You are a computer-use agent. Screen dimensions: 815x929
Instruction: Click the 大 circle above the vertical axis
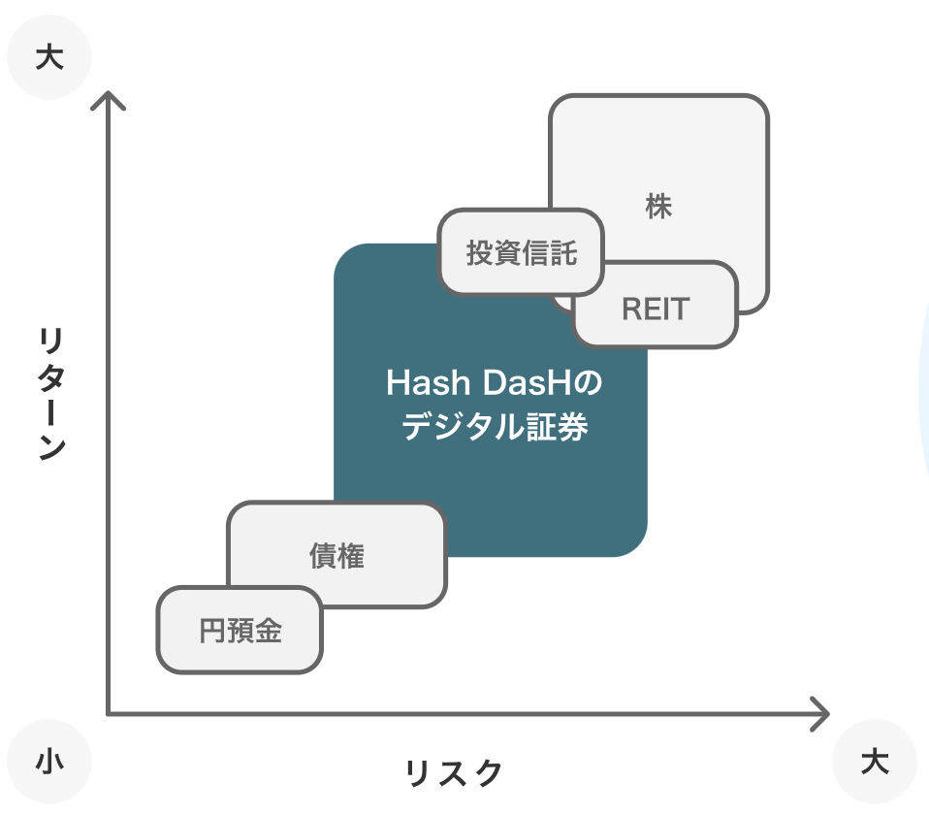point(48,58)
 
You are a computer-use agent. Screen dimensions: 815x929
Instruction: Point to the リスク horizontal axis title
point(454,773)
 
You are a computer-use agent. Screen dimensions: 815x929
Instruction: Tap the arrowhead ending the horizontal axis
point(822,714)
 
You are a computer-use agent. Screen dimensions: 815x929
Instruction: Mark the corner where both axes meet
point(109,714)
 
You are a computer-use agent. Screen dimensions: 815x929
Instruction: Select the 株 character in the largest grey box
point(658,207)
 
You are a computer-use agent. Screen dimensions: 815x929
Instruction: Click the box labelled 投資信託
point(521,253)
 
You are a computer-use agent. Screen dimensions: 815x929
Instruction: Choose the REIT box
point(656,309)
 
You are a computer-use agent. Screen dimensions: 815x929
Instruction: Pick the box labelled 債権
point(336,556)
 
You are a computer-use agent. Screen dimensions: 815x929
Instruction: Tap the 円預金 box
point(240,631)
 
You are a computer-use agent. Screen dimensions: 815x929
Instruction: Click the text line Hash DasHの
point(494,384)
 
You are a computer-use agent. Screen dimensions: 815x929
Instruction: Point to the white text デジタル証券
point(494,427)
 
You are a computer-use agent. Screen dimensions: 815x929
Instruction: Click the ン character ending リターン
point(50,447)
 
